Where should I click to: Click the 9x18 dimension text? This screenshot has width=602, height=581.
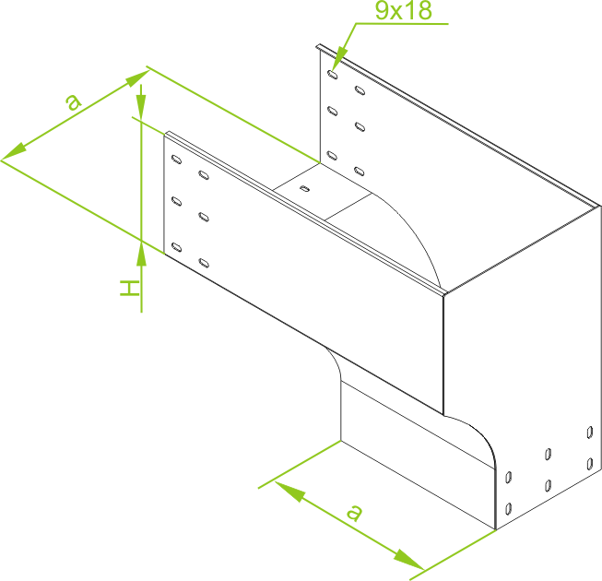click(x=404, y=10)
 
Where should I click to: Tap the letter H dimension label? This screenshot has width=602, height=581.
click(x=130, y=288)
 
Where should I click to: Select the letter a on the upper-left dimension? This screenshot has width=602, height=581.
click(x=73, y=101)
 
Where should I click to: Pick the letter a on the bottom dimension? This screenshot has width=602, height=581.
click(x=354, y=513)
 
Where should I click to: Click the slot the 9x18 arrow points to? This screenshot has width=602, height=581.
click(x=333, y=75)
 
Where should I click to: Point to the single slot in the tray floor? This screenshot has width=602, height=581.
click(x=305, y=188)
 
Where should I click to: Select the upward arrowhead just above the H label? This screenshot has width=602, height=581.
click(x=141, y=255)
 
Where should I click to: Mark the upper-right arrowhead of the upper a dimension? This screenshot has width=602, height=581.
click(x=137, y=78)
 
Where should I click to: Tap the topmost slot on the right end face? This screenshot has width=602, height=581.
click(x=590, y=433)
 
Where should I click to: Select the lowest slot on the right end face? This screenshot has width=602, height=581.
click(x=508, y=509)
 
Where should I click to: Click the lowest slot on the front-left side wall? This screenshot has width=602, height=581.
click(x=204, y=263)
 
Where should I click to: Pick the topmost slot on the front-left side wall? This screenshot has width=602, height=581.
click(x=176, y=159)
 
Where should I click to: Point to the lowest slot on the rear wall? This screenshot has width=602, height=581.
click(x=360, y=171)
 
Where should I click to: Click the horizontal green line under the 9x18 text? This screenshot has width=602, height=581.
click(x=402, y=24)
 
